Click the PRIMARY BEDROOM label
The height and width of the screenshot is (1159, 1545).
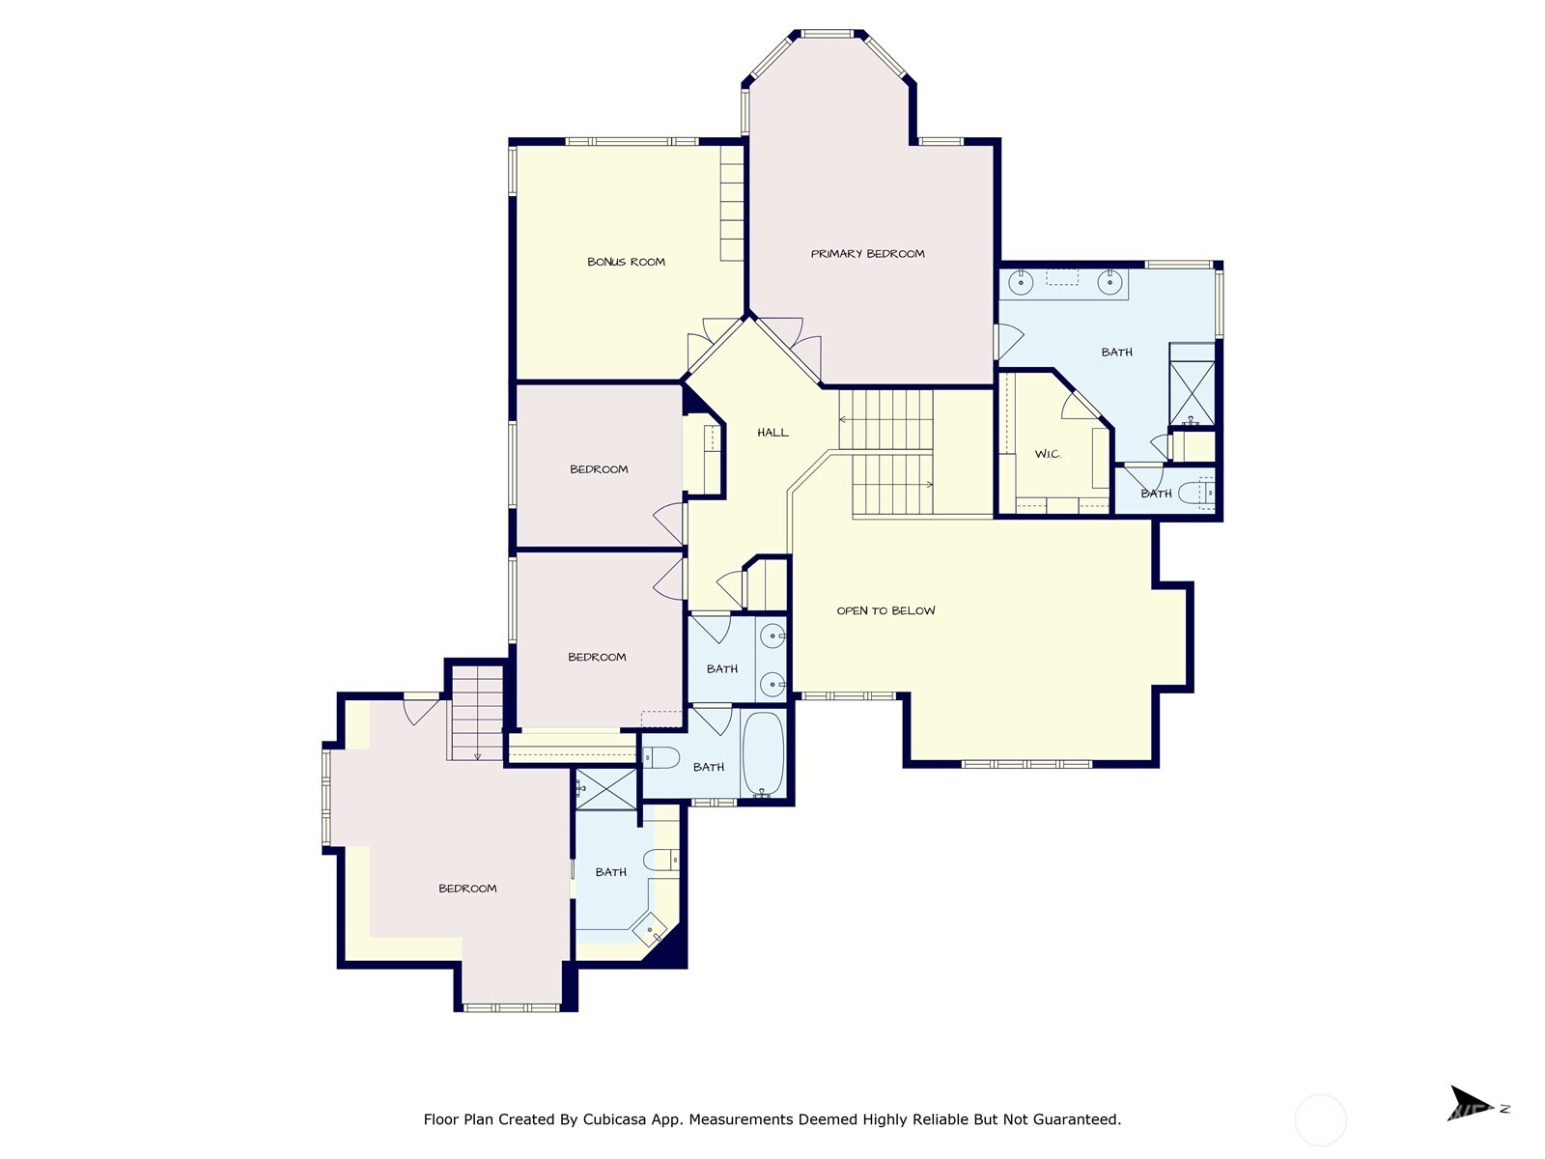(867, 253)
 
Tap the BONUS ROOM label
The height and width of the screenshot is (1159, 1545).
(626, 262)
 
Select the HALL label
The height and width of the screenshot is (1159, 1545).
(772, 432)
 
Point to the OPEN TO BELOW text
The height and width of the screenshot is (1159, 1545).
(885, 610)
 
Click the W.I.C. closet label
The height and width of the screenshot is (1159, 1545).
(1047, 454)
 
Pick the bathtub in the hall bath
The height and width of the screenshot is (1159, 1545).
(763, 753)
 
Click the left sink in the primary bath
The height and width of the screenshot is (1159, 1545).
(1020, 283)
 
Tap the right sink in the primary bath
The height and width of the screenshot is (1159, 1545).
(1110, 283)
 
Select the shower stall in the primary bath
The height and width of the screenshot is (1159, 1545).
(1192, 384)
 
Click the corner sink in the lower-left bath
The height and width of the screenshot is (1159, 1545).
(649, 930)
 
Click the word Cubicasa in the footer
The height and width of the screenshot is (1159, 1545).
(614, 1118)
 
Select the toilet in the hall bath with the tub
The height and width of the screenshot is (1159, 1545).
(660, 757)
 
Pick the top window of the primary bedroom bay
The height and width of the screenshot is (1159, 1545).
(827, 33)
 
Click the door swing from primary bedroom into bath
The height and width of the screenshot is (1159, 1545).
(1009, 341)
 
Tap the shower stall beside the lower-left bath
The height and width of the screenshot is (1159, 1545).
(606, 789)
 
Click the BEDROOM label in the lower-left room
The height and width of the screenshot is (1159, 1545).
(467, 888)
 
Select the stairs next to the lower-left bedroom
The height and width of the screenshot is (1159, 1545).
(476, 713)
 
